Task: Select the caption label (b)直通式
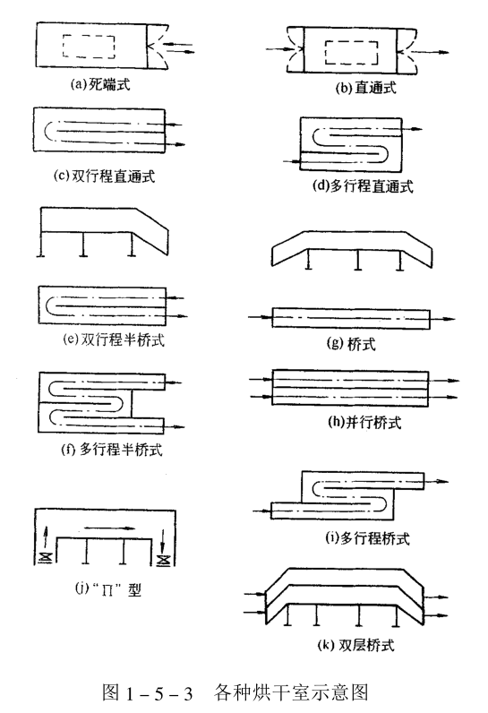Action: click(354, 88)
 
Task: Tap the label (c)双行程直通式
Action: click(104, 176)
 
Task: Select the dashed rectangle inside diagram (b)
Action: click(354, 56)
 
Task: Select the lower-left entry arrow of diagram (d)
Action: click(291, 161)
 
